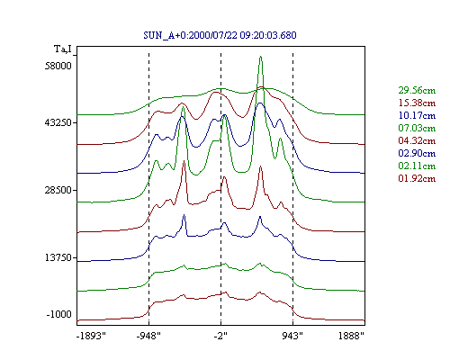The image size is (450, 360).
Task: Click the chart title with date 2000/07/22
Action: (220, 35)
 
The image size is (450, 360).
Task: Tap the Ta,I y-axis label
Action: (63, 49)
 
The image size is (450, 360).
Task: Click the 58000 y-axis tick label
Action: (58, 66)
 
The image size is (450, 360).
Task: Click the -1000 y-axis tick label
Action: (59, 314)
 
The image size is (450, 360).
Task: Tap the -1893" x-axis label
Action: (92, 336)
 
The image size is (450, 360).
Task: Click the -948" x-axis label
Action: (148, 336)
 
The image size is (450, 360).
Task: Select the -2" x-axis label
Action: (220, 336)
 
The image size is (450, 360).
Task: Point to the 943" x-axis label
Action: (292, 336)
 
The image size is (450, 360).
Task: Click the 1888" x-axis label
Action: (351, 336)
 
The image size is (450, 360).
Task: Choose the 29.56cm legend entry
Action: (417, 90)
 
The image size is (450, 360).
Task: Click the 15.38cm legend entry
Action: (417, 103)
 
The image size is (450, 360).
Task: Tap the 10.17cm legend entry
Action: (417, 115)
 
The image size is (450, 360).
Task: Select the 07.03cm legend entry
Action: (417, 128)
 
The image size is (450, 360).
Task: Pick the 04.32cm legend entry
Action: (417, 140)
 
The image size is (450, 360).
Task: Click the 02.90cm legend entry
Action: (417, 153)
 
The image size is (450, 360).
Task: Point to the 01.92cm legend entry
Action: (417, 178)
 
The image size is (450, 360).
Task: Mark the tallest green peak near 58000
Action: (260, 57)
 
